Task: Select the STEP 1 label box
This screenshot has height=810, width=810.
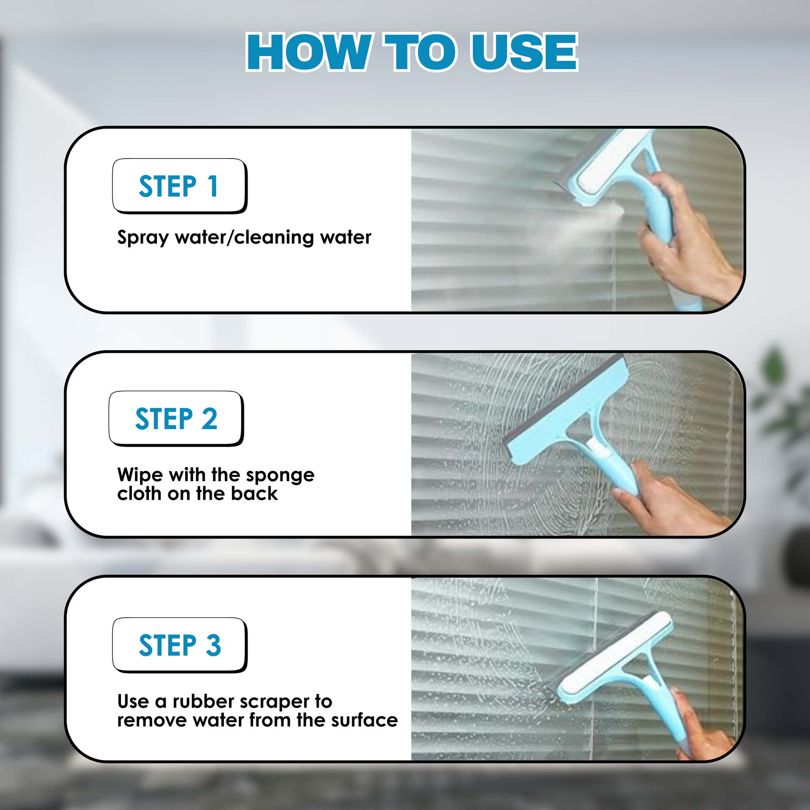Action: pyautogui.click(x=180, y=186)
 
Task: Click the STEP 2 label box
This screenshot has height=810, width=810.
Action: pyautogui.click(x=176, y=418)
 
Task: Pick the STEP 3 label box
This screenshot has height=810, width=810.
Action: pyautogui.click(x=180, y=645)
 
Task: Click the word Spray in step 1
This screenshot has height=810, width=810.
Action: pyautogui.click(x=143, y=238)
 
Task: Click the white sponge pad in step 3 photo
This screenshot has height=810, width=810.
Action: pyautogui.click(x=616, y=654)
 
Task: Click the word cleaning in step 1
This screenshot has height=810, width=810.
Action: pyautogui.click(x=274, y=237)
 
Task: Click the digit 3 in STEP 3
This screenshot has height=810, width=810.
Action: pyautogui.click(x=214, y=645)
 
